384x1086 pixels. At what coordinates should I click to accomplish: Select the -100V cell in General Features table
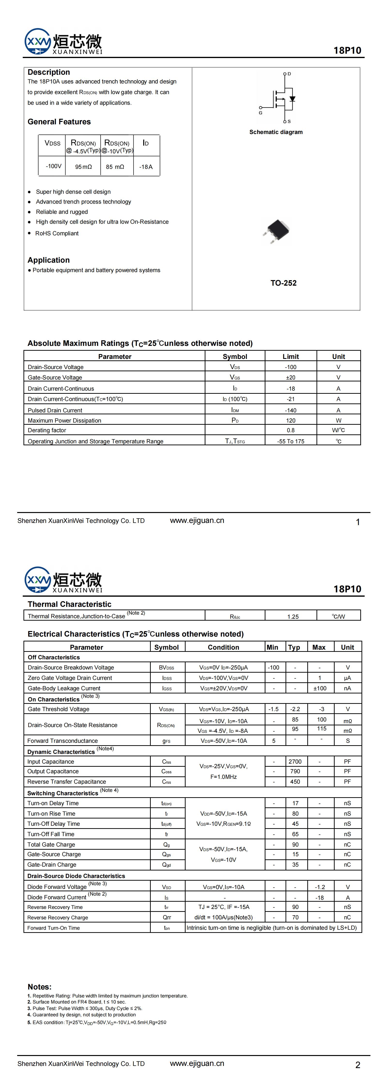[53, 166]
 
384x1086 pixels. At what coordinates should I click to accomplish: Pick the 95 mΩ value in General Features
[83, 167]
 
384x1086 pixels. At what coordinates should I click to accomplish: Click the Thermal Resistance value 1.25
[293, 616]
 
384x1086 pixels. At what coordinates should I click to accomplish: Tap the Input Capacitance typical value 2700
[295, 761]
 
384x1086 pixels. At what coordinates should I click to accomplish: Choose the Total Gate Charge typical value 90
[295, 844]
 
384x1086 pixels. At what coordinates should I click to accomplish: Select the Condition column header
[223, 647]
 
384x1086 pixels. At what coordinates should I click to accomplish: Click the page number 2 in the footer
[357, 1065]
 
